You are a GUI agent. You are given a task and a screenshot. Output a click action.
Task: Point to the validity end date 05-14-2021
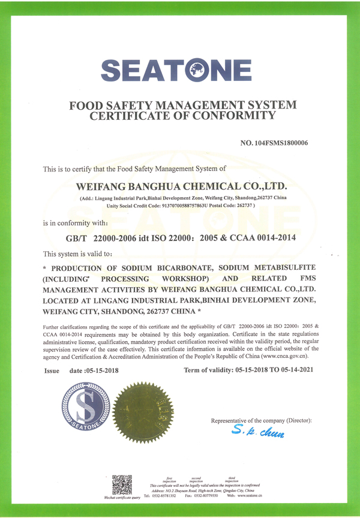point(294,371)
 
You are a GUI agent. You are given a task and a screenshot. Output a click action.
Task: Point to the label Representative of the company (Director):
point(262,420)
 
